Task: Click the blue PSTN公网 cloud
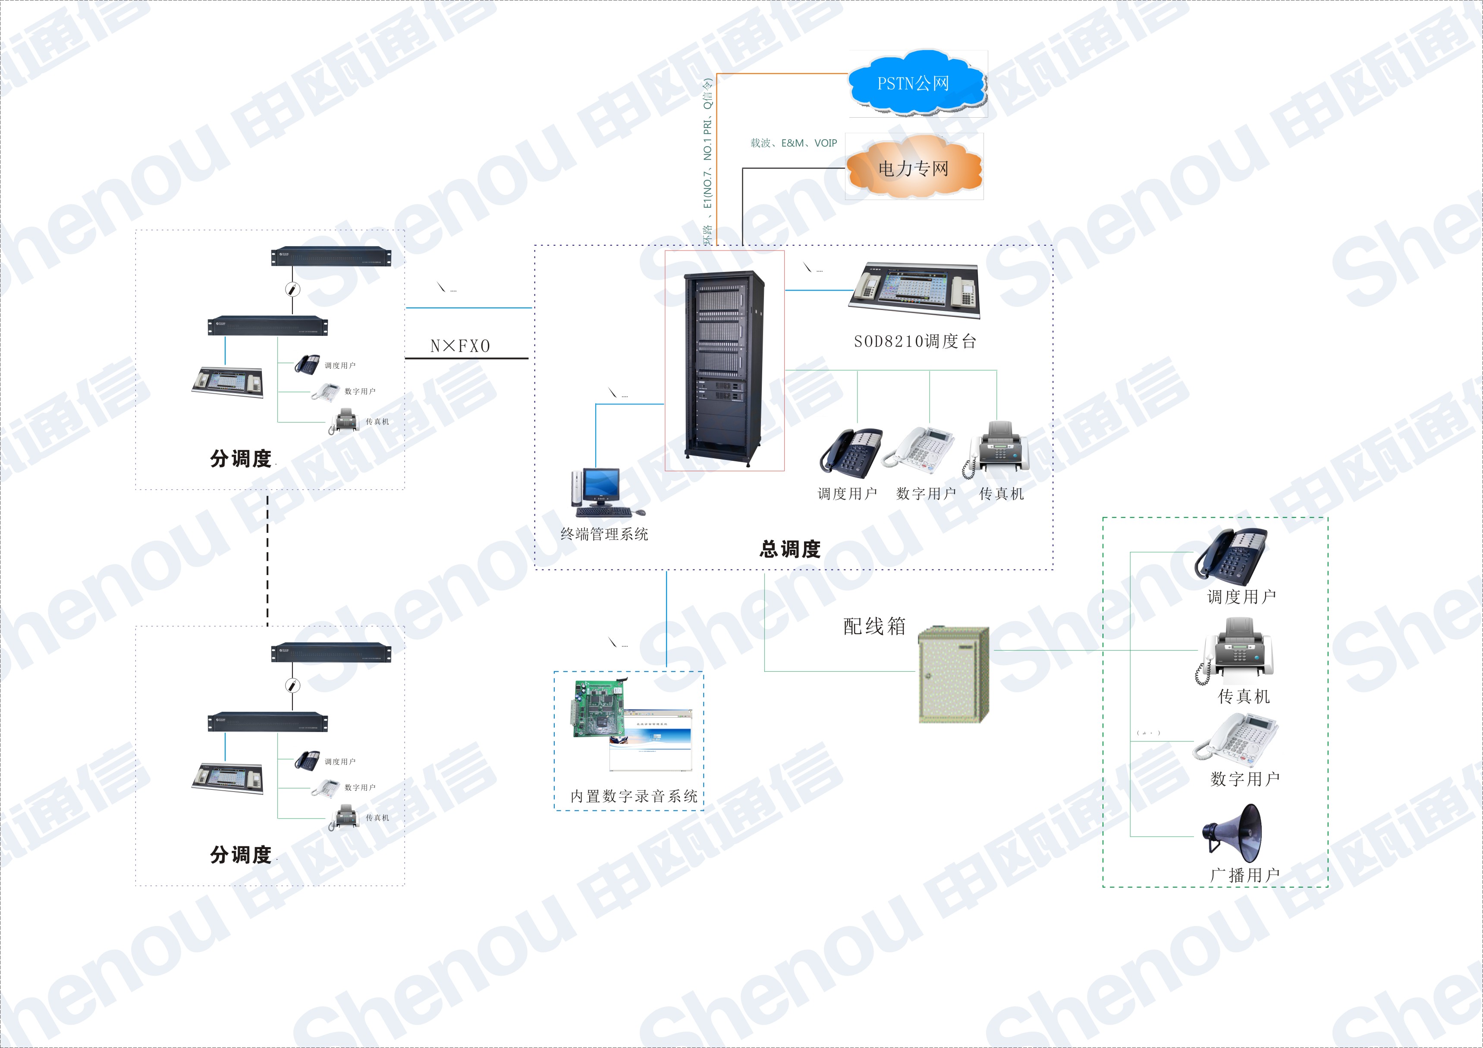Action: [915, 83]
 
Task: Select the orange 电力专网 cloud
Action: [913, 168]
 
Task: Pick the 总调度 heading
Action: [790, 549]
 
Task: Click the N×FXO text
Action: [460, 346]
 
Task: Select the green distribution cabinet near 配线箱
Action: [953, 674]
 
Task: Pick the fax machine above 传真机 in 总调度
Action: [998, 449]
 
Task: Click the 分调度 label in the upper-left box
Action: [240, 458]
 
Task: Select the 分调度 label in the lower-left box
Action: [240, 854]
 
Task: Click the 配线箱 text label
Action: [874, 626]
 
